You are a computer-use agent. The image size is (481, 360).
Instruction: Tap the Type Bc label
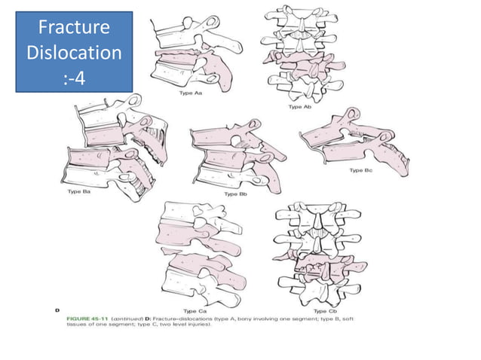[361, 171]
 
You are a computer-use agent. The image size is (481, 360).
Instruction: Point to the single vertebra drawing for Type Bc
[354, 139]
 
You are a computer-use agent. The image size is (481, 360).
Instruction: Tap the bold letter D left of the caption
[59, 310]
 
